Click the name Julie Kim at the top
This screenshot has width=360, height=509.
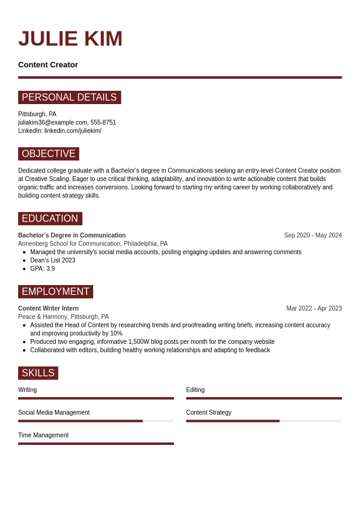(x=70, y=39)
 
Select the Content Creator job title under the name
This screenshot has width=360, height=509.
(x=48, y=65)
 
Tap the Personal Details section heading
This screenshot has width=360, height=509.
(x=69, y=97)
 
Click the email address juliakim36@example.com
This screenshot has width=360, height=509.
(x=53, y=122)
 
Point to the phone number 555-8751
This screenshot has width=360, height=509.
(x=103, y=122)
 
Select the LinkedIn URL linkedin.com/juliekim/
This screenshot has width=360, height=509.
(x=73, y=131)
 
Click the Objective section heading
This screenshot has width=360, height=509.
(x=48, y=154)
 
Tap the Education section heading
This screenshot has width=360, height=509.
(x=50, y=218)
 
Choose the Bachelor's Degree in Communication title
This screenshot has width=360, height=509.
(x=72, y=235)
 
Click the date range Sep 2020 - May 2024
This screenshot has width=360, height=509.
(x=313, y=235)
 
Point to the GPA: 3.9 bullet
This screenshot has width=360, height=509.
(x=42, y=269)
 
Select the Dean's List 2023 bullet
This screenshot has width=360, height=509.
(x=53, y=260)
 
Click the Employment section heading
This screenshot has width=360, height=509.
(x=55, y=292)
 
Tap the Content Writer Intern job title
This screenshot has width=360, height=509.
(x=48, y=309)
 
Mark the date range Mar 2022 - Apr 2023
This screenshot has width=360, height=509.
(x=314, y=309)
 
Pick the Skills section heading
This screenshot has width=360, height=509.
(x=38, y=373)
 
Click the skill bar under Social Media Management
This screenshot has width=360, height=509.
(x=96, y=421)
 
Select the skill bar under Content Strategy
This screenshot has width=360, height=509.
(x=264, y=421)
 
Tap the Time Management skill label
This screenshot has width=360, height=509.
(x=43, y=435)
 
